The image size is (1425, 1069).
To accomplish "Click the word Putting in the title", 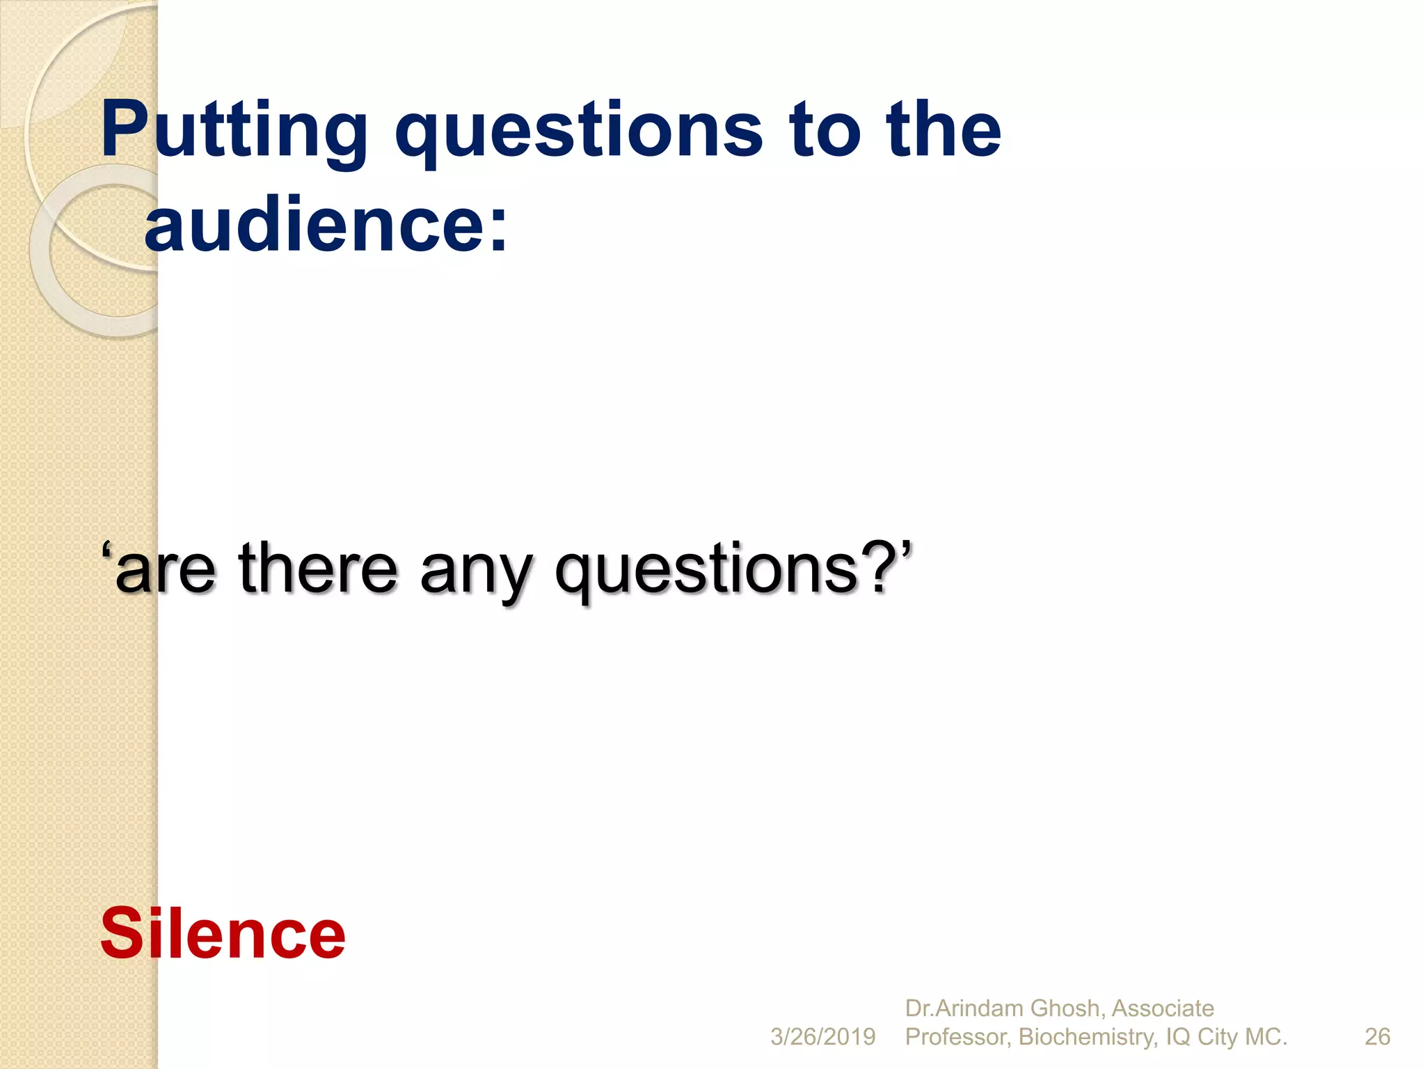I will (x=234, y=130).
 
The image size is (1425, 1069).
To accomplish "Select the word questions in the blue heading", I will (x=580, y=130).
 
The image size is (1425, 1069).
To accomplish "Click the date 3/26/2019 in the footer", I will (x=822, y=1037).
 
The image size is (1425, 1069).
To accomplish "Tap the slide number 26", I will (x=1377, y=1037).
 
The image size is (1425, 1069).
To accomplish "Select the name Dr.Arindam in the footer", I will (x=963, y=1008).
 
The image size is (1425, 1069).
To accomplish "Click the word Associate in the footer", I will (x=1163, y=1008).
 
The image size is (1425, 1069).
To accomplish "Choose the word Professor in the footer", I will (x=957, y=1037).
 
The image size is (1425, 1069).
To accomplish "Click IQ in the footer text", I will (x=1177, y=1037).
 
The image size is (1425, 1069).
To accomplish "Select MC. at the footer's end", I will (x=1266, y=1037).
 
